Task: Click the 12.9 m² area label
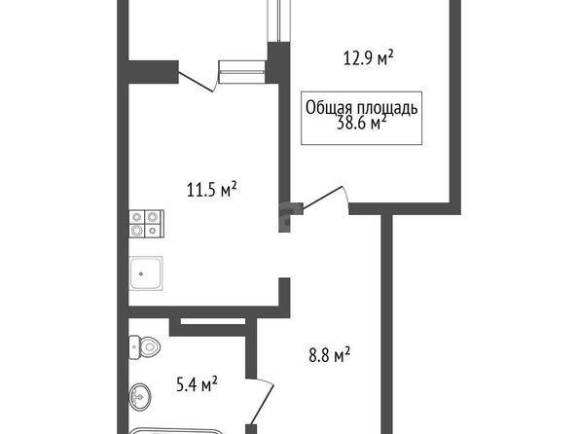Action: click(368, 58)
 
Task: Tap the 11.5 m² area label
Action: click(211, 190)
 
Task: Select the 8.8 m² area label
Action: click(329, 356)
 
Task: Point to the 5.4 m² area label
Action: click(197, 385)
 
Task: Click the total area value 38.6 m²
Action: click(362, 123)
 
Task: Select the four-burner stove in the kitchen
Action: click(146, 224)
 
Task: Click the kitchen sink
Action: click(146, 273)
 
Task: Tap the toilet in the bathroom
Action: click(144, 347)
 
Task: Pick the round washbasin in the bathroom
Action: click(140, 397)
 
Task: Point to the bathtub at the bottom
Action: click(176, 431)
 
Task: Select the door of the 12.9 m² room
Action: click(324, 199)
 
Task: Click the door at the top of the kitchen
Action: click(198, 82)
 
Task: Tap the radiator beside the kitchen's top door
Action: click(242, 72)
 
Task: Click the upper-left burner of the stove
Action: click(137, 217)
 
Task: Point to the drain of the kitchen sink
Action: click(141, 273)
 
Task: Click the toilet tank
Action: click(134, 347)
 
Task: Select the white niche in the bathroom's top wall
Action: click(213, 321)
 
